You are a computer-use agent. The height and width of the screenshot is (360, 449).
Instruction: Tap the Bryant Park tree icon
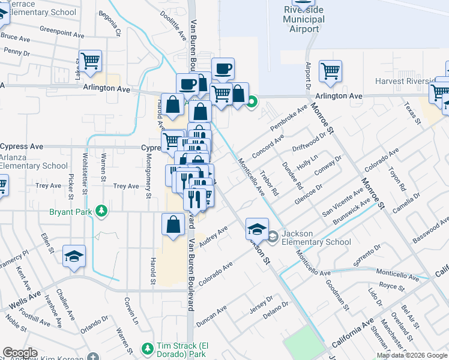pyautogui.click(x=103, y=211)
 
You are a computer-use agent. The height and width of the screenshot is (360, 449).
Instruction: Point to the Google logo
pyautogui.click(x=20, y=353)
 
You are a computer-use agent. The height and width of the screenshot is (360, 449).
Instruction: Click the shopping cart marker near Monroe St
pyautogui.click(x=330, y=71)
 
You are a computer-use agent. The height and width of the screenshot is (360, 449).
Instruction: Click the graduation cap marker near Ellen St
pyautogui.click(x=74, y=256)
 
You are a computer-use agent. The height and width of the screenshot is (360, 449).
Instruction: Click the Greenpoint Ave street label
pyautogui.click(x=60, y=29)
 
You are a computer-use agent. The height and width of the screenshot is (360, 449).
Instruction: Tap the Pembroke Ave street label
pyautogui.click(x=288, y=118)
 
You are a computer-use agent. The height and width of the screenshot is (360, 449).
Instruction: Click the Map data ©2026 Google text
pyautogui.click(x=412, y=355)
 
